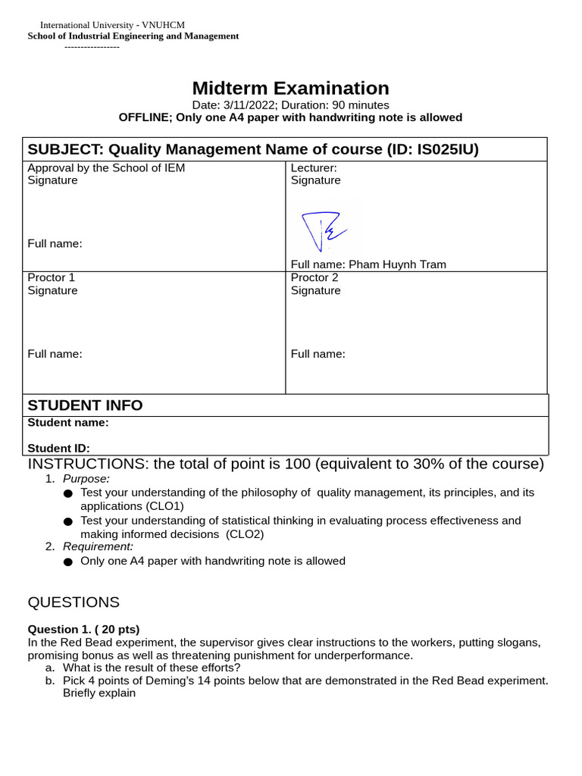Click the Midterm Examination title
coord(290,88)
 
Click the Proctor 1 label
coord(52,277)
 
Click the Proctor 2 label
coord(314,277)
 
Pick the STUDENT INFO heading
coord(85,405)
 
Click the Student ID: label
coord(59,449)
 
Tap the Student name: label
coord(68,423)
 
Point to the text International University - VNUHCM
coord(112,25)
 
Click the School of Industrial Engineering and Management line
coord(133,36)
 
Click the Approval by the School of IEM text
coord(106,168)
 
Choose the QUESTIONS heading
coord(74,602)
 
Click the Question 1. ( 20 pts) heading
coord(84,629)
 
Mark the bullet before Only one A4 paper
coord(68,562)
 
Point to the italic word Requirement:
coord(98,546)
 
